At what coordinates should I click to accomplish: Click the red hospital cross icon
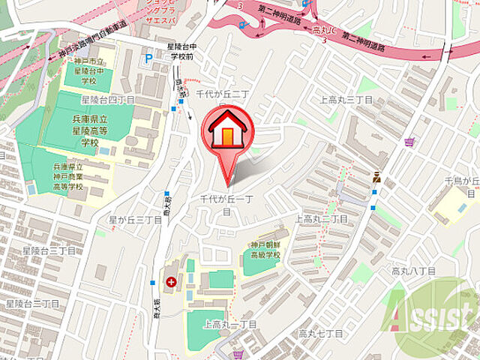point(172,282)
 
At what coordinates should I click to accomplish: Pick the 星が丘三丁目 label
point(135,220)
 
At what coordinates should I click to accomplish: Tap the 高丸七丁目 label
point(320,332)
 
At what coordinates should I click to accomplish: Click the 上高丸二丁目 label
point(322,219)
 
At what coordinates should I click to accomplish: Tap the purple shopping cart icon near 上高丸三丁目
point(409,141)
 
